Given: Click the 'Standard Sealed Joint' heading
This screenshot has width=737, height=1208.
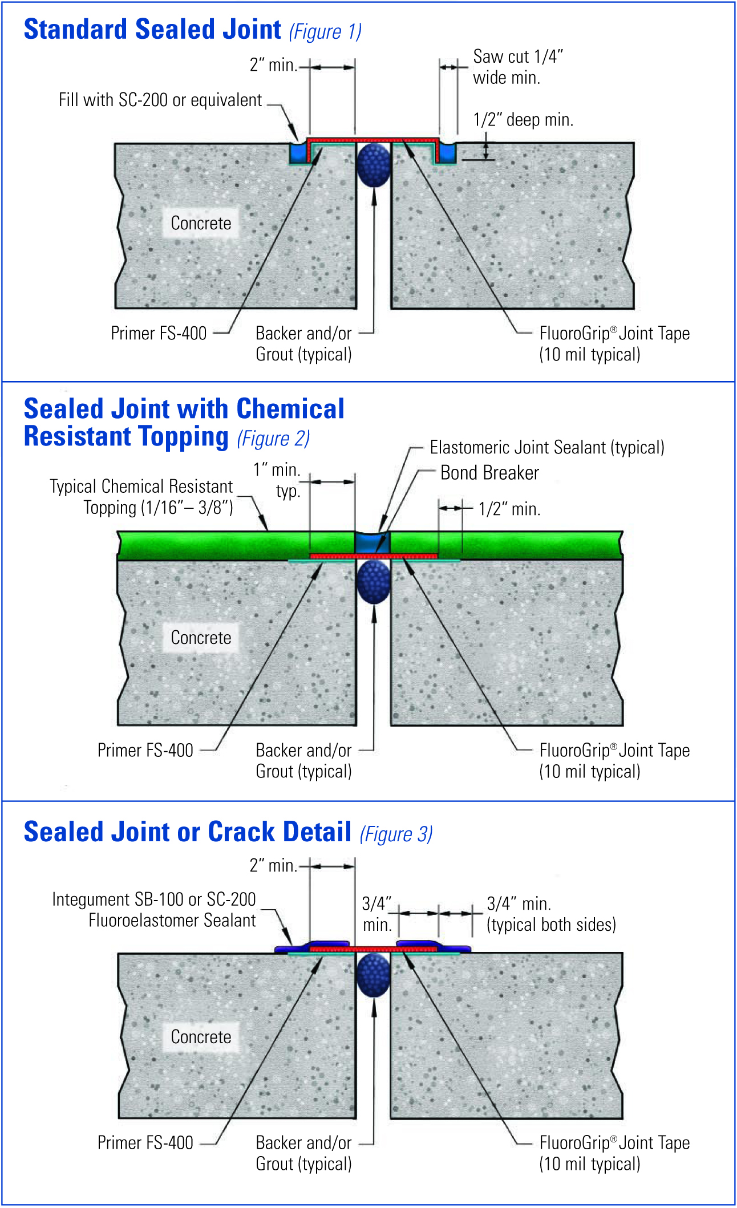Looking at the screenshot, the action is (x=152, y=30).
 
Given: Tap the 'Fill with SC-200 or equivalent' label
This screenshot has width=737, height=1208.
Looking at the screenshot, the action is (x=160, y=100).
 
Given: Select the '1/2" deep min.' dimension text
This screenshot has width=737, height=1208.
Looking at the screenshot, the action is (x=523, y=120).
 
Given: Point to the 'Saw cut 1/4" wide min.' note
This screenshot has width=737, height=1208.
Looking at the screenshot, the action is (x=518, y=67).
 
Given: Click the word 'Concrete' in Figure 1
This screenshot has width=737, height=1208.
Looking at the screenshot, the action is (x=201, y=223).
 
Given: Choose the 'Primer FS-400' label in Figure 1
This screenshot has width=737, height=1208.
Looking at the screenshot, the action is (x=159, y=333).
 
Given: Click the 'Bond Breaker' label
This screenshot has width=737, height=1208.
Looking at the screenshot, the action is (x=489, y=473).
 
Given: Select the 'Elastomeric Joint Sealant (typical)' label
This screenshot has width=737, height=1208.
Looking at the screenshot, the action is (x=547, y=448).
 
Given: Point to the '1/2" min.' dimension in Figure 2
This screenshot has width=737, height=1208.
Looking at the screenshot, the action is (x=509, y=509).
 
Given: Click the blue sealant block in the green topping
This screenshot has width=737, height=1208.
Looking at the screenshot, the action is (x=372, y=542).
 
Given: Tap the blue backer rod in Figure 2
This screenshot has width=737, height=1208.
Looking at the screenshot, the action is (x=374, y=581).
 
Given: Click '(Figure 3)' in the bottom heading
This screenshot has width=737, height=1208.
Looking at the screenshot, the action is (x=396, y=834).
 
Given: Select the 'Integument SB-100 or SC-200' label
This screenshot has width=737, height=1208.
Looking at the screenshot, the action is (x=154, y=899).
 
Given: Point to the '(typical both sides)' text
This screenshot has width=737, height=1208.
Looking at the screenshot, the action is (x=551, y=925).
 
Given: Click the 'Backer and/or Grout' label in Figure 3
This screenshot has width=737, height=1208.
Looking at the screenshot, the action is (x=303, y=1153).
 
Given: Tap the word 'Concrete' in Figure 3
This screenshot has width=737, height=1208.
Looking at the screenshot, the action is (x=201, y=1037).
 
